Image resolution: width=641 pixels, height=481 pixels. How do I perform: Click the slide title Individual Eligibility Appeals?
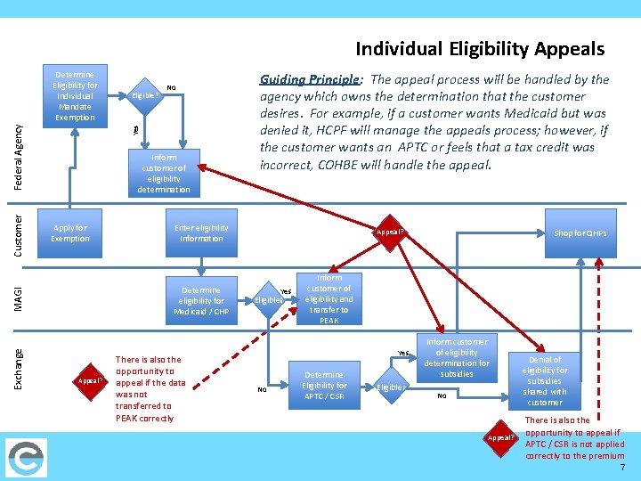coord(480,49)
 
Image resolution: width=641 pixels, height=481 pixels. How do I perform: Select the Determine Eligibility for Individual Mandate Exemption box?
coord(76,95)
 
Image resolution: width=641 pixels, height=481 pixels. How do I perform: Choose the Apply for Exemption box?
coord(70,233)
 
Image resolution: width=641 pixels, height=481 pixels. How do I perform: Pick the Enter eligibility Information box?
coord(202,233)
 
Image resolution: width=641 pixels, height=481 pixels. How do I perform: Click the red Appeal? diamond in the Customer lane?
coord(390,232)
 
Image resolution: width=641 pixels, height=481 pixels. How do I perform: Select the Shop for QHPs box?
coord(580,233)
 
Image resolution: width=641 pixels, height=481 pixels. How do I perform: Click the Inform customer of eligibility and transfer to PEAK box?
coord(329,299)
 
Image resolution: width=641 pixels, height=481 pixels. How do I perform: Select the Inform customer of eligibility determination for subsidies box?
coord(457,358)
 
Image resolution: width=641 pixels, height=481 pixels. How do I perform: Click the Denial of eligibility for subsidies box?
coord(545,376)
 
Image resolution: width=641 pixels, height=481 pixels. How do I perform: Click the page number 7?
coord(623,468)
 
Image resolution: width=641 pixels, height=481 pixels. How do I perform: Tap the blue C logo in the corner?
coord(24,457)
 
